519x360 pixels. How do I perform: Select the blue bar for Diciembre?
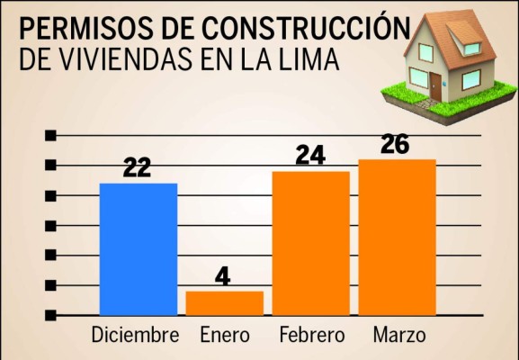(x=138, y=248)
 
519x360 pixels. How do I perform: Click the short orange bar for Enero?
(x=224, y=302)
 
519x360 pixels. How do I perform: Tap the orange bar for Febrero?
(x=310, y=242)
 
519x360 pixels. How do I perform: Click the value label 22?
(x=137, y=168)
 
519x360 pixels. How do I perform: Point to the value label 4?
(x=223, y=275)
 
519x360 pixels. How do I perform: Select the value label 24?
(x=309, y=156)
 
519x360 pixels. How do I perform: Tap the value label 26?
(x=396, y=144)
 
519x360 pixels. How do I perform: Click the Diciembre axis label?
(x=135, y=337)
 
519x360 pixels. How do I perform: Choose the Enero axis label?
(x=224, y=337)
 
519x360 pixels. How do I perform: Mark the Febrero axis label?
(x=311, y=337)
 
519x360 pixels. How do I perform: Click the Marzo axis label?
(x=398, y=337)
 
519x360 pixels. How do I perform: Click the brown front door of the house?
(x=435, y=86)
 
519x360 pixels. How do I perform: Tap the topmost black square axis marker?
(x=51, y=135)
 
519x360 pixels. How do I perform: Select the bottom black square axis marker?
(x=51, y=315)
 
